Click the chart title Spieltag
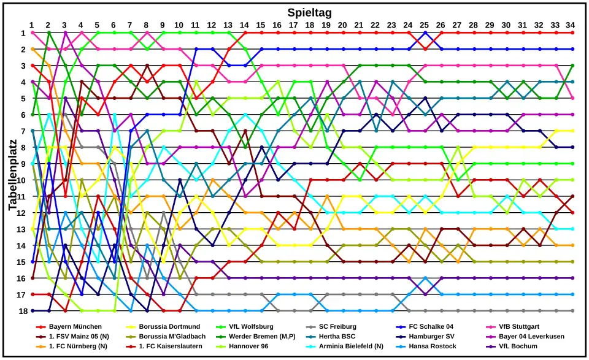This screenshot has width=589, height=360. pyautogui.click(x=310, y=12)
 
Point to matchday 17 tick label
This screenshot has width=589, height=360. pyautogui.click(x=293, y=25)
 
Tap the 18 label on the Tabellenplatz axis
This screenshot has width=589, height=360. pyautogui.click(x=22, y=311)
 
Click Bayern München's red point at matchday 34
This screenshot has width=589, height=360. pyautogui.click(x=572, y=33)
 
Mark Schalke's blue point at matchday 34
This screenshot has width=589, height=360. pyautogui.click(x=572, y=49)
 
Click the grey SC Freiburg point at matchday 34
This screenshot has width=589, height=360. pyautogui.click(x=572, y=311)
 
